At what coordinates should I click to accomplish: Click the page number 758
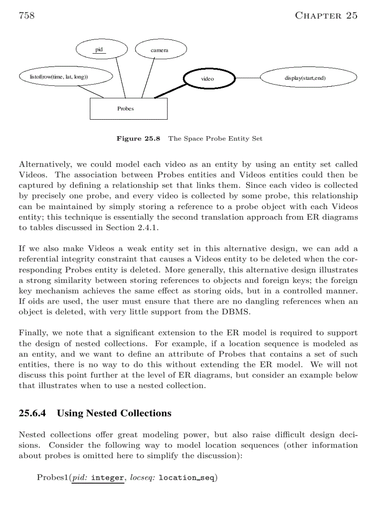(x=27, y=16)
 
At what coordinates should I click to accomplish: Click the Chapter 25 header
(x=326, y=16)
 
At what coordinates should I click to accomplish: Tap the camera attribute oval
(x=160, y=50)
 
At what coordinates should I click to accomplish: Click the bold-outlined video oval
(x=208, y=78)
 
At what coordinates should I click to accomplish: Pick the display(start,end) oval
(x=308, y=78)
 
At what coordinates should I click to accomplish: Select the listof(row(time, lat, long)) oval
(x=65, y=77)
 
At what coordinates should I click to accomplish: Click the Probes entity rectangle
(x=128, y=109)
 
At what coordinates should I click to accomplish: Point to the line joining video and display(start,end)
(x=247, y=78)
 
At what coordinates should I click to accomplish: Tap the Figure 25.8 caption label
(x=138, y=138)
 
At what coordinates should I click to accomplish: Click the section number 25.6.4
(x=34, y=413)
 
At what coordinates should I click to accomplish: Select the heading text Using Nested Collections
(x=114, y=413)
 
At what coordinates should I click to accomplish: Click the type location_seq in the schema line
(x=187, y=477)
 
